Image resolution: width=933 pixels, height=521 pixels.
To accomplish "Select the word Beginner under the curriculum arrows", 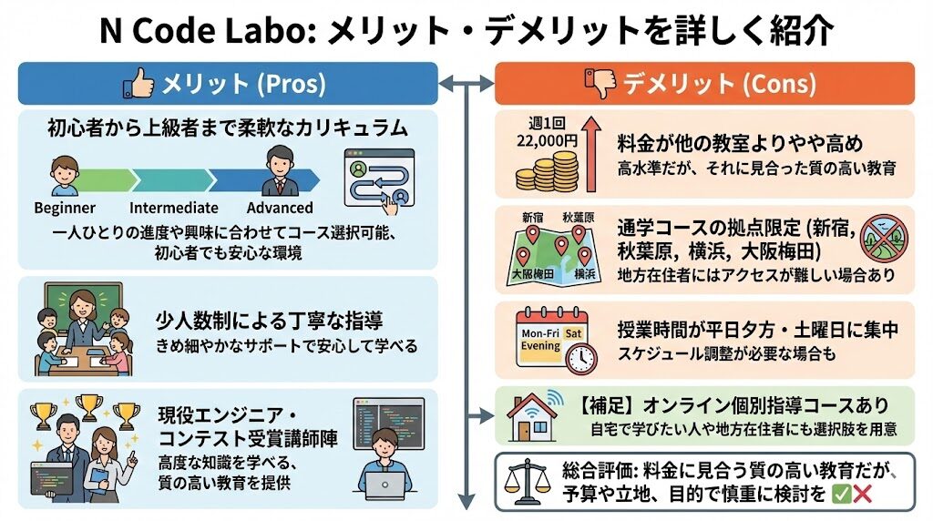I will (65, 208).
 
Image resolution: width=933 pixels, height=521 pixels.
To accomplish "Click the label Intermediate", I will (173, 208).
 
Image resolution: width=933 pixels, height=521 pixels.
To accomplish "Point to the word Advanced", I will (280, 208).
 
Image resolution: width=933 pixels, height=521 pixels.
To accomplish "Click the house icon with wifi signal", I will (533, 417).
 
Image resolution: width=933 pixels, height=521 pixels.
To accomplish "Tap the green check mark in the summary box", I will (842, 495).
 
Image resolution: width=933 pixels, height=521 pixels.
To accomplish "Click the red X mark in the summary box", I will (862, 495).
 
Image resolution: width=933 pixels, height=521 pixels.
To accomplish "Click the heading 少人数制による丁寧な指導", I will (269, 322).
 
